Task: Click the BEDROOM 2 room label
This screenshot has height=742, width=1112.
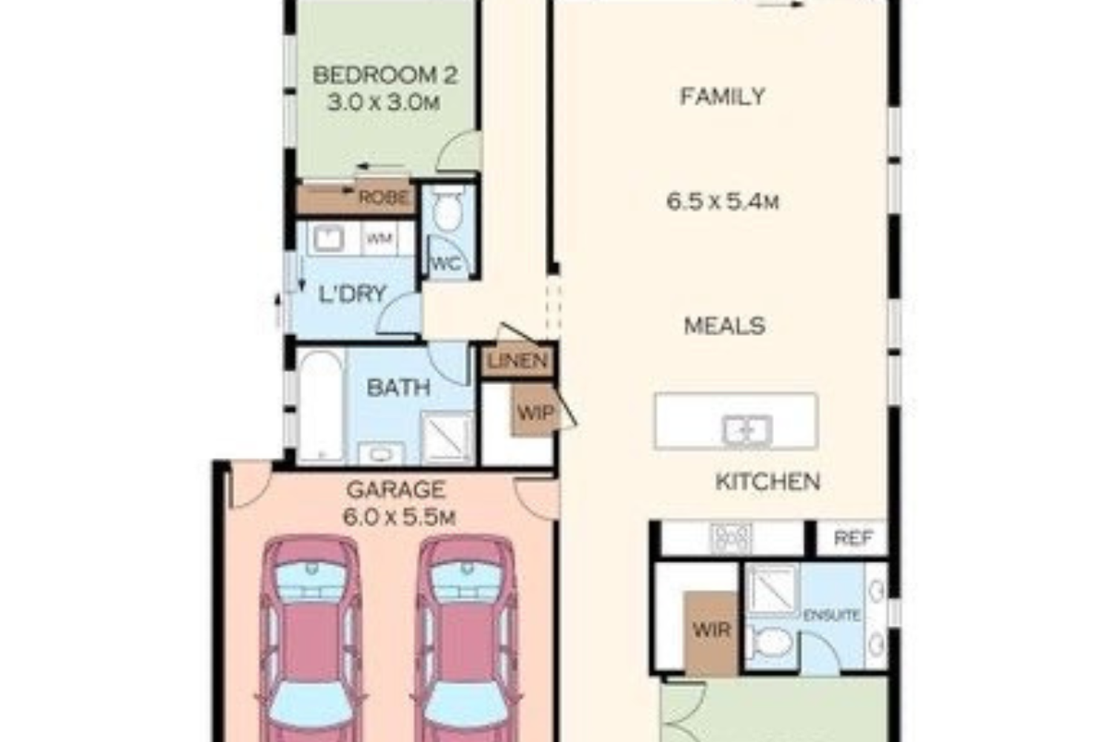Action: click(x=385, y=76)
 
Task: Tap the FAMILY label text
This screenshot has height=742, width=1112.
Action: click(x=722, y=96)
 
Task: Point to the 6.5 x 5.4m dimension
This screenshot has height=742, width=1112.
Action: click(x=722, y=202)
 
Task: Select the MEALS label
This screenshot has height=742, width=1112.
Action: click(x=724, y=326)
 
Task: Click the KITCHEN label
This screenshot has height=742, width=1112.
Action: click(x=767, y=482)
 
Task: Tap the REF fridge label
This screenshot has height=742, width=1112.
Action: click(x=853, y=538)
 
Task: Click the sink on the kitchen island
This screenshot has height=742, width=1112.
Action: click(x=747, y=430)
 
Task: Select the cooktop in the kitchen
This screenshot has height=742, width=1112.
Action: click(x=731, y=538)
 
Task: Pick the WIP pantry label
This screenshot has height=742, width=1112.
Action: click(x=536, y=413)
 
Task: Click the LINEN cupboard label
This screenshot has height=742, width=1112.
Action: click(x=517, y=361)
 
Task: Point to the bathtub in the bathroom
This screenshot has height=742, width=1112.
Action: click(x=322, y=406)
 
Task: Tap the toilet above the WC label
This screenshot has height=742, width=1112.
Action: click(x=449, y=209)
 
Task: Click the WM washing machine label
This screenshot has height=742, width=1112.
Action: click(x=380, y=239)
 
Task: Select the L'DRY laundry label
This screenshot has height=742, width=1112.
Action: click(x=352, y=294)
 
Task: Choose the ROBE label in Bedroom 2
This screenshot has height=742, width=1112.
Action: click(x=384, y=197)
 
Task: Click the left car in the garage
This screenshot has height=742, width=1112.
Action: click(x=311, y=639)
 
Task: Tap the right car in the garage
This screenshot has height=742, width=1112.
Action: click(x=466, y=639)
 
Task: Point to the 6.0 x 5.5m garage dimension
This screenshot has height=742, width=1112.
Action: click(x=399, y=518)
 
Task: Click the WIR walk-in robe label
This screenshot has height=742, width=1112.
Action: click(x=712, y=630)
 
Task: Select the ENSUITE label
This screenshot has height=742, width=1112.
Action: click(x=832, y=615)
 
